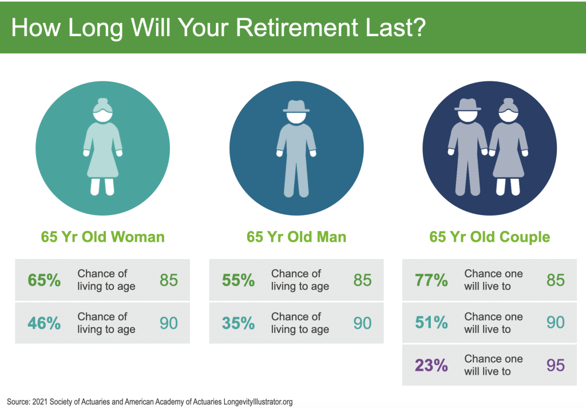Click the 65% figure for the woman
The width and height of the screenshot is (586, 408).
pos(44,280)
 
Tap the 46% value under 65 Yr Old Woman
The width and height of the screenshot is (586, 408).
pos(44,323)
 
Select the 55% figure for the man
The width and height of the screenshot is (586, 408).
pos(239,280)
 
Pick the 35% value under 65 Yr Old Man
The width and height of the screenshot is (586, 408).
pos(239,323)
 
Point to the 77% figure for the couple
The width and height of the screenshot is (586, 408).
pos(431,280)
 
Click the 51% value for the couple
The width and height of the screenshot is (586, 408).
pos(431,322)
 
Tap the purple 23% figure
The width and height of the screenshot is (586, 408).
pos(431,366)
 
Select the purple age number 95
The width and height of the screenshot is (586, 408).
pos(556,366)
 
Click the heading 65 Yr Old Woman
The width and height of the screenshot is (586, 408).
pos(103,237)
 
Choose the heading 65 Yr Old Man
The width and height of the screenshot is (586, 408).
pos(296,237)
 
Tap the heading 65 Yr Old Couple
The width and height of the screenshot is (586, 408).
pos(490,237)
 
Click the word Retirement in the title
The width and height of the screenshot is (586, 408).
pos(297,28)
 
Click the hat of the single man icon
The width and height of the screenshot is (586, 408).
pos(296,107)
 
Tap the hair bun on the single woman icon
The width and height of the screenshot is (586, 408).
pos(103,101)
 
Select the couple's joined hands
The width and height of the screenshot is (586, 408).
pos(488,152)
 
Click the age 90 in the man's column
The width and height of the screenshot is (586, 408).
pos(362,323)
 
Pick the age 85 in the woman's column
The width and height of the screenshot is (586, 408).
pos(169,280)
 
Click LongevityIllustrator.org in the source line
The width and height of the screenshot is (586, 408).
pos(258,402)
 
